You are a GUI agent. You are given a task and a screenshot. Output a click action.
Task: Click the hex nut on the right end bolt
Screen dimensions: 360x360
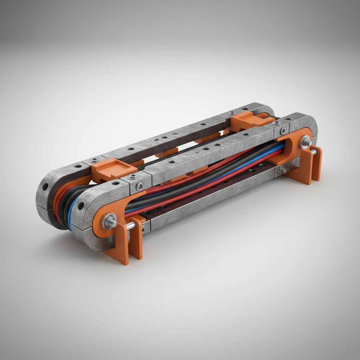pos(305,142)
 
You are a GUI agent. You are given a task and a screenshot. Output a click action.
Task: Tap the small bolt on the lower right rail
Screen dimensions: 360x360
pos(282,171)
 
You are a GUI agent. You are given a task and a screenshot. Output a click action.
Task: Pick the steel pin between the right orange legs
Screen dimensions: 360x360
pos(313,152)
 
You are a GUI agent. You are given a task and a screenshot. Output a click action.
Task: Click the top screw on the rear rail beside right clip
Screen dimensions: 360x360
pos(232,113)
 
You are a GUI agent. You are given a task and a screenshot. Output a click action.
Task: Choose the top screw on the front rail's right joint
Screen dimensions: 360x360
pos(277,123)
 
